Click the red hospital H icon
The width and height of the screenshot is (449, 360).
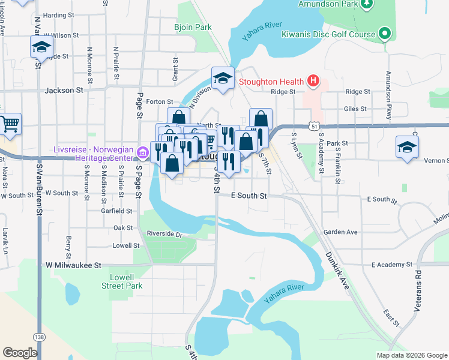[x=312, y=80]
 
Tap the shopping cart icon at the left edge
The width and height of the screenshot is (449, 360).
[x=10, y=124]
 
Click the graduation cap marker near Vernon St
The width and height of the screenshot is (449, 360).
[x=407, y=147]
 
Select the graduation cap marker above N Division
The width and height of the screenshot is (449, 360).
[x=223, y=78]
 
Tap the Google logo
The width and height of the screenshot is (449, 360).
[x=20, y=353]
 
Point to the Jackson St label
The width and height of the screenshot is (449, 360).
[x=64, y=90]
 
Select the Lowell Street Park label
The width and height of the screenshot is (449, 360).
[x=126, y=281]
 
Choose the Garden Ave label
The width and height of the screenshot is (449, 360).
[x=340, y=232]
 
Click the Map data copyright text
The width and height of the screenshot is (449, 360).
[x=411, y=355]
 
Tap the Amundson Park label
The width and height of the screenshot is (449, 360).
[x=325, y=4]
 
